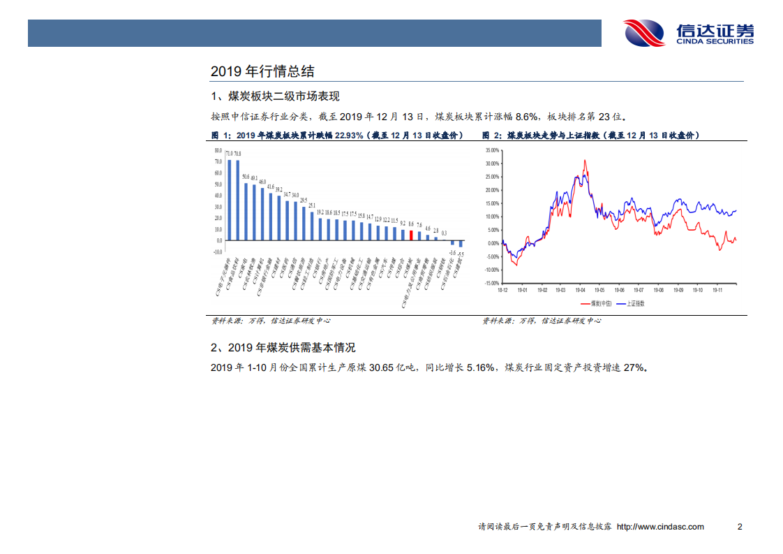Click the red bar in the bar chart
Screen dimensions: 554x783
click(411, 235)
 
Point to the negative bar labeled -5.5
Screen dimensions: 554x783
click(461, 244)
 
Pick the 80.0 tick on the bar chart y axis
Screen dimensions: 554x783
click(218, 150)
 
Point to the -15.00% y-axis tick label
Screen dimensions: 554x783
click(491, 283)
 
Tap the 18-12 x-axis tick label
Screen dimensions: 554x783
click(502, 289)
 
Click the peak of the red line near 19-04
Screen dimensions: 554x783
click(585, 161)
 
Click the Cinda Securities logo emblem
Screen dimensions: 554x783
click(644, 33)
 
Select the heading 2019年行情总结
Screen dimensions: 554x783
click(262, 71)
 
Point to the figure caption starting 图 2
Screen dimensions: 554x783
click(590, 136)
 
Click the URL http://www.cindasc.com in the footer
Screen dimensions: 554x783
click(660, 527)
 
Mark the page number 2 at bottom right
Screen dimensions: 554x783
click(740, 527)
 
